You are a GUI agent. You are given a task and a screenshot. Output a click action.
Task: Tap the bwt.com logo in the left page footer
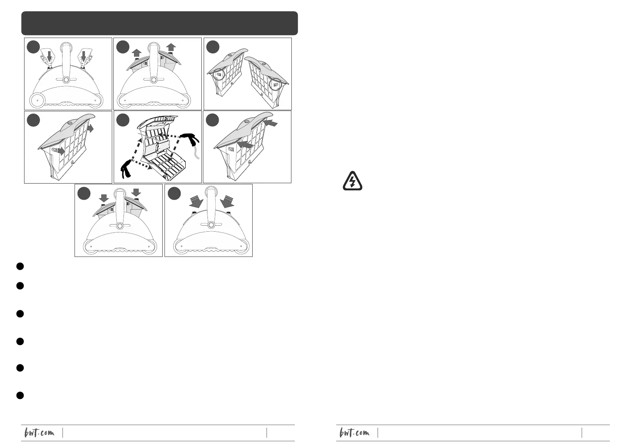coord(39,433)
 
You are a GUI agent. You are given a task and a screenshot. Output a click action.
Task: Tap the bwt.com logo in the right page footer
coord(354,433)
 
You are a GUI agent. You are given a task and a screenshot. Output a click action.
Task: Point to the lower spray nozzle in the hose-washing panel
coord(126,169)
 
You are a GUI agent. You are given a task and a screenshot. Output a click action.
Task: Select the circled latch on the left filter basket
coord(219,74)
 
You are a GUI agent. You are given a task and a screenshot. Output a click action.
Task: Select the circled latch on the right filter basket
coord(275,84)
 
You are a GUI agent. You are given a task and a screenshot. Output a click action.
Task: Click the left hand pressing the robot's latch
coord(47,58)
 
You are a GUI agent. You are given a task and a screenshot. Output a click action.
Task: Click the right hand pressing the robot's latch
coord(85,58)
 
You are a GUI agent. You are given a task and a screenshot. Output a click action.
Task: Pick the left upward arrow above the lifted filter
coord(136,53)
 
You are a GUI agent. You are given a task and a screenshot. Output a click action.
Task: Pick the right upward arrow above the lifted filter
coord(171,47)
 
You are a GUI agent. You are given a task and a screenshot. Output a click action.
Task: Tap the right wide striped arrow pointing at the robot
coord(227,201)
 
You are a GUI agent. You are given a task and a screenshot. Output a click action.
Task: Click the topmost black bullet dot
coord(20,266)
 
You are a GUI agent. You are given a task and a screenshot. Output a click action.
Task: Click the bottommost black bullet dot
coord(20,395)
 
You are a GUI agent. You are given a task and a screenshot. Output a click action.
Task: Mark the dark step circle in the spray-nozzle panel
coord(123,120)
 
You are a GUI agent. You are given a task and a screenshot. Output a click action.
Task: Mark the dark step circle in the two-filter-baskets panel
coord(213,47)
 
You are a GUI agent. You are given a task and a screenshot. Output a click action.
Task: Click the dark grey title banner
coord(160,23)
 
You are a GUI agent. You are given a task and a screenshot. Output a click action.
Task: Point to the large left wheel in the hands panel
coord(37,100)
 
